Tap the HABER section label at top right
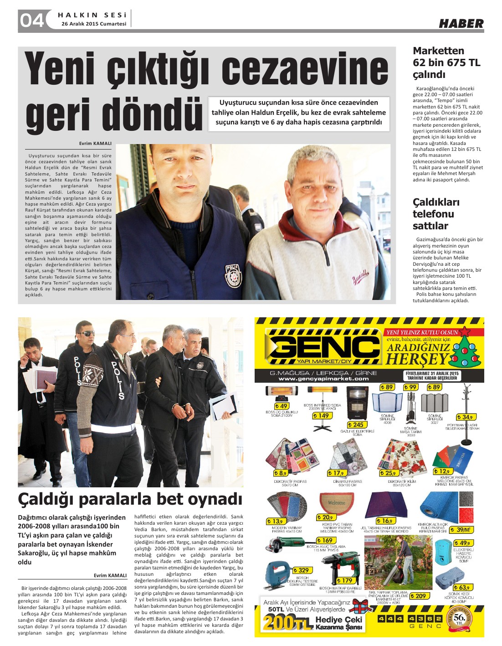point(461,23)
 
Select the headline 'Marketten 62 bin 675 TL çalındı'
point(446,62)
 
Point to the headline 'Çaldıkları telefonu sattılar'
point(436,214)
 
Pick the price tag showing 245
point(357,425)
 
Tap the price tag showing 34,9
point(466,417)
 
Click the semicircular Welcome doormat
point(337,502)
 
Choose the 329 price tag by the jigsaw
point(302,570)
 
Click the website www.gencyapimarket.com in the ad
point(323,379)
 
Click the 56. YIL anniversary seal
point(461,619)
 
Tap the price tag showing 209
point(420,596)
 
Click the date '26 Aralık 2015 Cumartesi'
point(94,24)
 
